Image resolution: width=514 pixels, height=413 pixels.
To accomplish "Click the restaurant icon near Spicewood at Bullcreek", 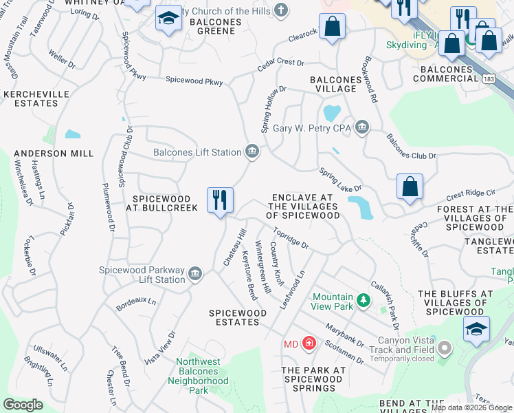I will click(x=220, y=200).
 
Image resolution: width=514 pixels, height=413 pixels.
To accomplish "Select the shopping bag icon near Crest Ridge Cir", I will click(x=410, y=187).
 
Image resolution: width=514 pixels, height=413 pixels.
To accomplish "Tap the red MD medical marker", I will click(x=309, y=343).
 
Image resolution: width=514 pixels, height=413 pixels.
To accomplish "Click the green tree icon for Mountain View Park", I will click(x=364, y=300).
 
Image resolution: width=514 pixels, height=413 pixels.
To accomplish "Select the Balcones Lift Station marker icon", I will click(x=252, y=151).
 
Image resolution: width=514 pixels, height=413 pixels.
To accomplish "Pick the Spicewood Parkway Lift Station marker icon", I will click(x=195, y=275).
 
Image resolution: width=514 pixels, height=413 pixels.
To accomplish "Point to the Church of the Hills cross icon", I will click(x=280, y=10).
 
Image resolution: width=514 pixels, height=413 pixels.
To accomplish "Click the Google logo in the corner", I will click(x=23, y=405).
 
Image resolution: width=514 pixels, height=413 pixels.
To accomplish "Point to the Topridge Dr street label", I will click(x=289, y=240).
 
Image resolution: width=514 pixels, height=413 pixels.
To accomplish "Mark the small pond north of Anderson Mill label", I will click(x=72, y=134).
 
